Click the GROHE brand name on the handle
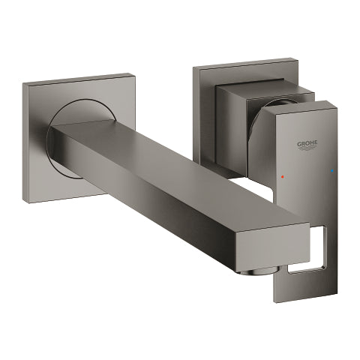(307, 143)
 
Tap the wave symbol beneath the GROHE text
(307, 148)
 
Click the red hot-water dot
(283, 176)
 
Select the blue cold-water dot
(332, 171)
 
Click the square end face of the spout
(274, 246)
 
